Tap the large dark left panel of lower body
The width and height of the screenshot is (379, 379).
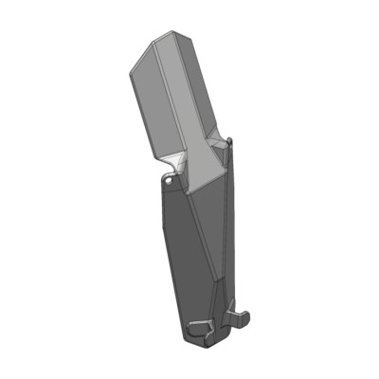click(x=185, y=256)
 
